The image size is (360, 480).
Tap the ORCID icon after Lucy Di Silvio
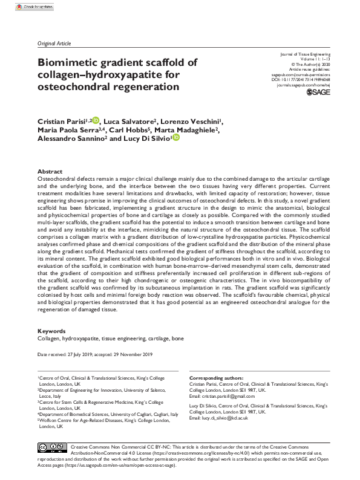[176, 138]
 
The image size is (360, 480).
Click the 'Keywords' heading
[52, 331]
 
